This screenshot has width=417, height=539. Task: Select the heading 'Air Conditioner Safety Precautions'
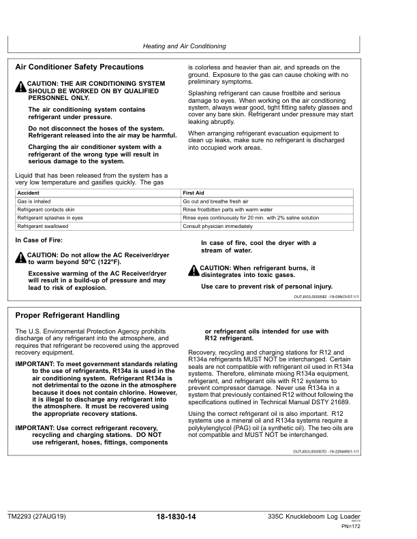pos(79,67)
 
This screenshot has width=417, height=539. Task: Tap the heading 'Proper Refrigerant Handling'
pos(67,316)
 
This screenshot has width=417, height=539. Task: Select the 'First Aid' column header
pos(194,193)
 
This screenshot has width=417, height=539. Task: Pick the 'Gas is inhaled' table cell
pos(34,201)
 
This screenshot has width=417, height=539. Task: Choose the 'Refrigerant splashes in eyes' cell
pos(50,218)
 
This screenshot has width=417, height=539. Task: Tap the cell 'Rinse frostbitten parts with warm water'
pos(228,210)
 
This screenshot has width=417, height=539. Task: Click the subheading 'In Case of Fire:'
pos(39,241)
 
